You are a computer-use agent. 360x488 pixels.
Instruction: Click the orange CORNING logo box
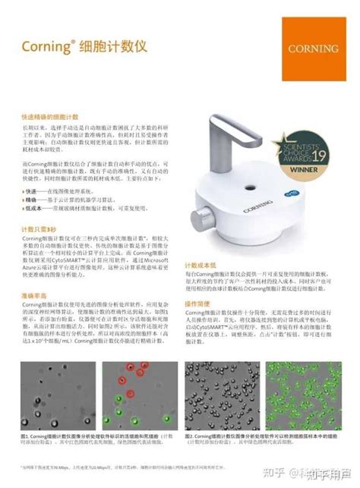(x=313, y=46)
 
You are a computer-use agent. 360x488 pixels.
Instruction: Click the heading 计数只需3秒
(x=39, y=228)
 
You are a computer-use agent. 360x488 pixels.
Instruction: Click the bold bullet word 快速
(x=31, y=192)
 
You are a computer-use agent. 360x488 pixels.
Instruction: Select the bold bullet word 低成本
(x=33, y=206)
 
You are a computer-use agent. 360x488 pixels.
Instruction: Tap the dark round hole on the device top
(x=254, y=187)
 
